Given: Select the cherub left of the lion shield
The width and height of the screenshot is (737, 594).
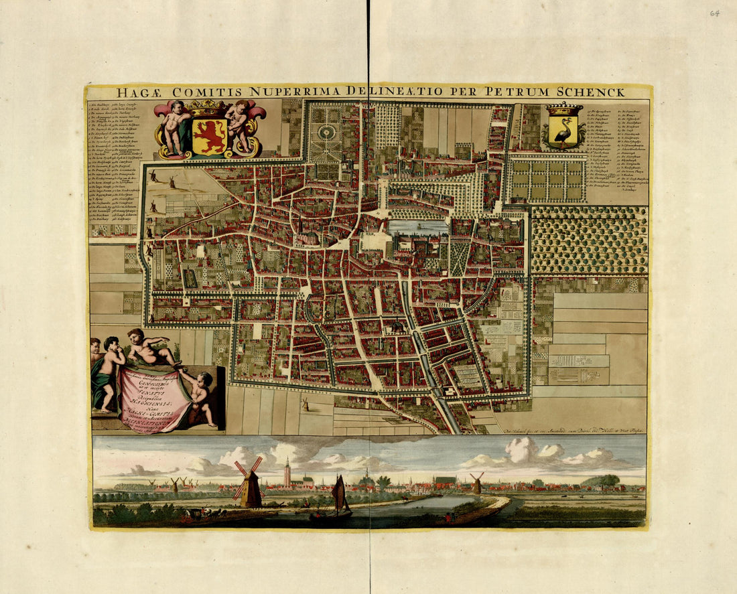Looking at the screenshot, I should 176,126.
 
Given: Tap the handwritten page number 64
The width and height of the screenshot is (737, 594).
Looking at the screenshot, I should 715,13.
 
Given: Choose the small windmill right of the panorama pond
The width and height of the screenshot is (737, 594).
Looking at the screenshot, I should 477,482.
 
